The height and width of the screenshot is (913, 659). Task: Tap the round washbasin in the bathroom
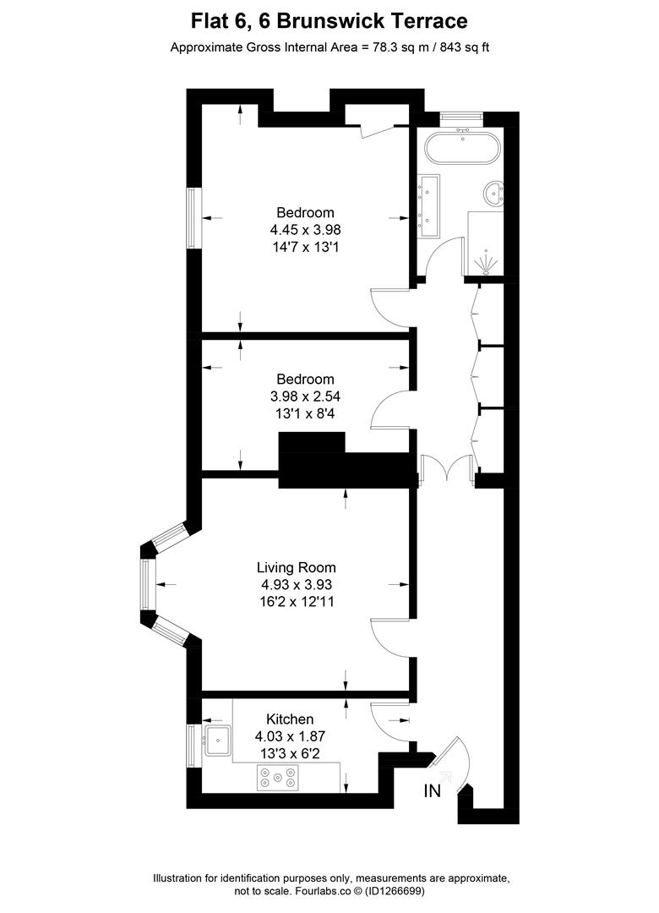coord(492,194)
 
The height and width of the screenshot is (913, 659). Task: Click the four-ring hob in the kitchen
coord(278,777)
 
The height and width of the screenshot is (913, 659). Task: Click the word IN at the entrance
coord(433,791)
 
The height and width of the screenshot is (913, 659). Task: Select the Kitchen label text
coord(290,719)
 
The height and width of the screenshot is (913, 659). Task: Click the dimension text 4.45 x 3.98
coord(305,229)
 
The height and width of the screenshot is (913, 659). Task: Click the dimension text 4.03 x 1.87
coord(290,736)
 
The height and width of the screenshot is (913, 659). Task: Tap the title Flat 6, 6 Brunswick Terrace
coord(329,20)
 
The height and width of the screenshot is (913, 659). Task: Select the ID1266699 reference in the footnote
coord(395,891)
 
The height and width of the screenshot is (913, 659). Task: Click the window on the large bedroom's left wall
coord(193,218)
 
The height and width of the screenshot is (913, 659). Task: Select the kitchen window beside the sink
coord(192,741)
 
